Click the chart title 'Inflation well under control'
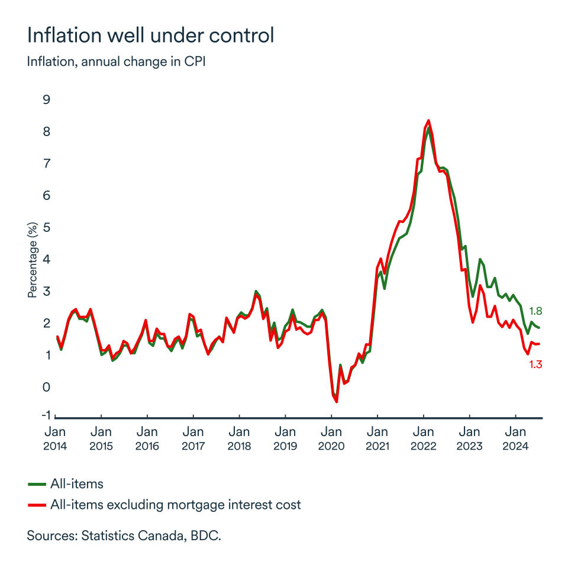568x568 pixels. click(150, 35)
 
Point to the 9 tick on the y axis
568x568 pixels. click(46, 100)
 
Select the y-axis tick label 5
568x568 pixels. click(46, 228)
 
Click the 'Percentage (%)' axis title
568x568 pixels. click(33, 260)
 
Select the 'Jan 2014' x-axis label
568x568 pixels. click(55, 438)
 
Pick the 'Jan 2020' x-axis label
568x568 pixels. click(331, 438)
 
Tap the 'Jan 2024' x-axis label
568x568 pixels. click(515, 438)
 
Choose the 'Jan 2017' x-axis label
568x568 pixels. click(193, 438)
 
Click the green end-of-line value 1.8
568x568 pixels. click(535, 311)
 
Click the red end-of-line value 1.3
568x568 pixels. click(535, 365)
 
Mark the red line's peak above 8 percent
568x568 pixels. click(428, 120)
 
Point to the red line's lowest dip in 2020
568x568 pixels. click(337, 402)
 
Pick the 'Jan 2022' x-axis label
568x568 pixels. click(423, 438)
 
